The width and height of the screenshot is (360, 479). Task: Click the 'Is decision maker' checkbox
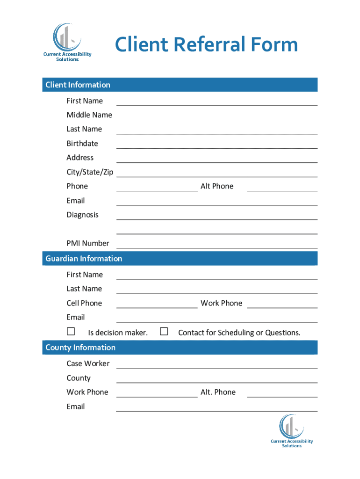click(71, 332)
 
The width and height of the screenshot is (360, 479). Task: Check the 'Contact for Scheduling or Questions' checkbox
click(164, 332)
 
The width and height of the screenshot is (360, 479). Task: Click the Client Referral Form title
click(206, 45)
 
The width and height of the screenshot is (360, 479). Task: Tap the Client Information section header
click(78, 85)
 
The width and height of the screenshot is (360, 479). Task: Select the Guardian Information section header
click(84, 258)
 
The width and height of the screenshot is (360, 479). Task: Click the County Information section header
click(80, 347)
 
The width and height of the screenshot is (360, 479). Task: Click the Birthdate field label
click(82, 143)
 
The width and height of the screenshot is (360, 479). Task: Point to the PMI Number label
click(88, 243)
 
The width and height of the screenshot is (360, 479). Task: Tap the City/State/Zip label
click(90, 172)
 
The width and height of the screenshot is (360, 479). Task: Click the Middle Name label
click(89, 115)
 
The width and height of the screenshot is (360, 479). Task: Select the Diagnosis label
click(83, 215)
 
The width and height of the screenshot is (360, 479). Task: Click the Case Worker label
click(88, 363)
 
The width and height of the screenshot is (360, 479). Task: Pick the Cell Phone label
click(84, 303)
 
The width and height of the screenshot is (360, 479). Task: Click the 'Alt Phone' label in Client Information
click(217, 186)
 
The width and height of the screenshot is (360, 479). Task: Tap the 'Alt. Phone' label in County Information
click(218, 392)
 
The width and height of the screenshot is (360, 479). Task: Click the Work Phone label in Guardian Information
click(221, 303)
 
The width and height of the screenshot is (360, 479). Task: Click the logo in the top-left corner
click(67, 42)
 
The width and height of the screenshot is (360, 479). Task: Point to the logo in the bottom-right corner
click(292, 431)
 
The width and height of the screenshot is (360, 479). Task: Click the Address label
click(80, 158)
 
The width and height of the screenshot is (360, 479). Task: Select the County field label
click(79, 378)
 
